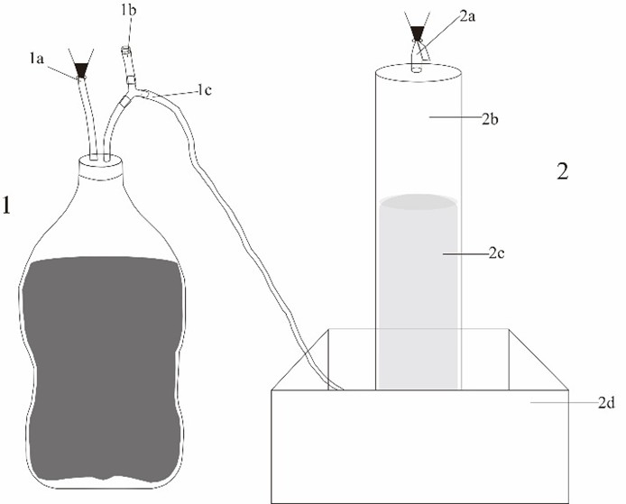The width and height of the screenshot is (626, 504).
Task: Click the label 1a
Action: pos(37,60)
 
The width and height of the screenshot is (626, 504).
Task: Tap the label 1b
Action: pos(129,11)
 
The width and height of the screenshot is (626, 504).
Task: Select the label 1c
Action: pos(205,90)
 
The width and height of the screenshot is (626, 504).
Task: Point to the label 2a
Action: pos(467,17)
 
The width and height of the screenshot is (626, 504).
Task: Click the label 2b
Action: pos(490,119)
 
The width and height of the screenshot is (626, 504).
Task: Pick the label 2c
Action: pos(496,253)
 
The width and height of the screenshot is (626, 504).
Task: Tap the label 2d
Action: pos(606,403)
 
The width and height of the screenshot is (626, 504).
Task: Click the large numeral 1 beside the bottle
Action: pos(7,205)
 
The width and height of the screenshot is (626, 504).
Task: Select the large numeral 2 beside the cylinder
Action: pos(563,171)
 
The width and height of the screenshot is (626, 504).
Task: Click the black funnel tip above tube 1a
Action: pos(81,70)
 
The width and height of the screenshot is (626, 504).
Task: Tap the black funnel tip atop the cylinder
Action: pos(418,33)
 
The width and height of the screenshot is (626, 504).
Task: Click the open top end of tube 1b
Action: pos(125,49)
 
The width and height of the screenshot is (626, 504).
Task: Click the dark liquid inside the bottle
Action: pos(102,369)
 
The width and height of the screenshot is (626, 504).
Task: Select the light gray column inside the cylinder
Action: pos(418,293)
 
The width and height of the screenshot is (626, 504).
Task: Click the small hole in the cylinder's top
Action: pos(417,69)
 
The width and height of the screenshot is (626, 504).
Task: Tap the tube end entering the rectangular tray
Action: pos(337,386)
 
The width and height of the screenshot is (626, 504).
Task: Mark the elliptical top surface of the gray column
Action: pos(419,202)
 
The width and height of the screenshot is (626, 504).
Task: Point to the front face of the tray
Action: pos(420,446)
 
